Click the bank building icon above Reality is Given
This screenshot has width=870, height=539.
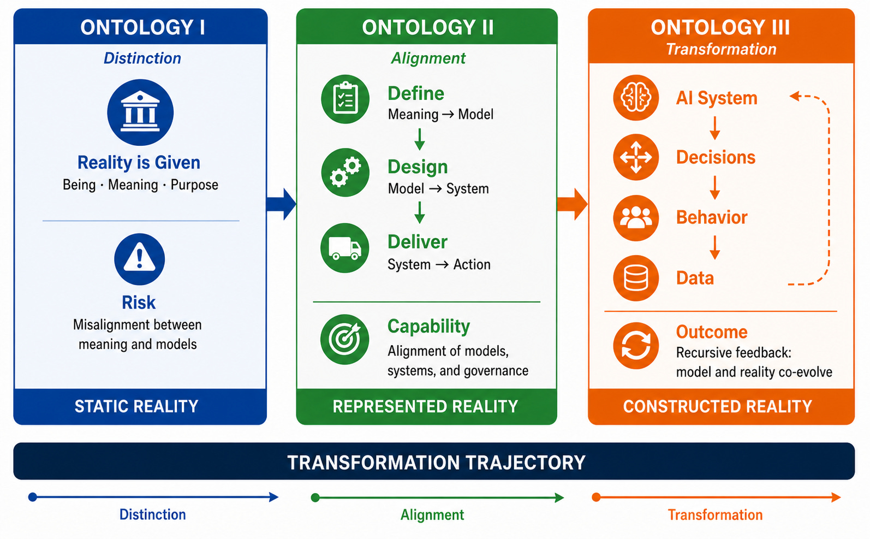[x=140, y=112]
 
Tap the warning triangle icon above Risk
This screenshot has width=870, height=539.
[x=139, y=259]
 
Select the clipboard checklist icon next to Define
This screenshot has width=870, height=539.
[x=345, y=99]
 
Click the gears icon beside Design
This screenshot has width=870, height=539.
[x=345, y=173]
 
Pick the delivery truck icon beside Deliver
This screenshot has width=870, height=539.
[x=345, y=248]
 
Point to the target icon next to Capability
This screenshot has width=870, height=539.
[x=345, y=339]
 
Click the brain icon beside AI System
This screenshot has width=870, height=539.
[x=636, y=98]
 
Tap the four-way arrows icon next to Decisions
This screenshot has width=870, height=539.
[x=636, y=157]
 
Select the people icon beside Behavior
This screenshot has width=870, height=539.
[x=636, y=218]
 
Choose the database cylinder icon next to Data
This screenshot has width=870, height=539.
[x=636, y=279]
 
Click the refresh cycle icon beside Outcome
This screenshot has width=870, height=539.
[x=636, y=346]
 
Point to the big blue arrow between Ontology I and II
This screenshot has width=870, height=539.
[x=281, y=204]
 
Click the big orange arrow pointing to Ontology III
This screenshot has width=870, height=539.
[x=573, y=204]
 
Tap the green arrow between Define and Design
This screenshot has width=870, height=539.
[x=420, y=139]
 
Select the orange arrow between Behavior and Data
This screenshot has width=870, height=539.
[x=714, y=247]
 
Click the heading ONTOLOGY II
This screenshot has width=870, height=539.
[x=427, y=28]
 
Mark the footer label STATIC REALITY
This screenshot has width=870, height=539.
[x=136, y=406]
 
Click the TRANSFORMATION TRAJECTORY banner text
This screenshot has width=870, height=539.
[x=436, y=463]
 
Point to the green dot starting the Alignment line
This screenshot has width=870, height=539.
[x=315, y=497]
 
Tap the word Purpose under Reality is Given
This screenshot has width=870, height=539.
[x=194, y=185]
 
